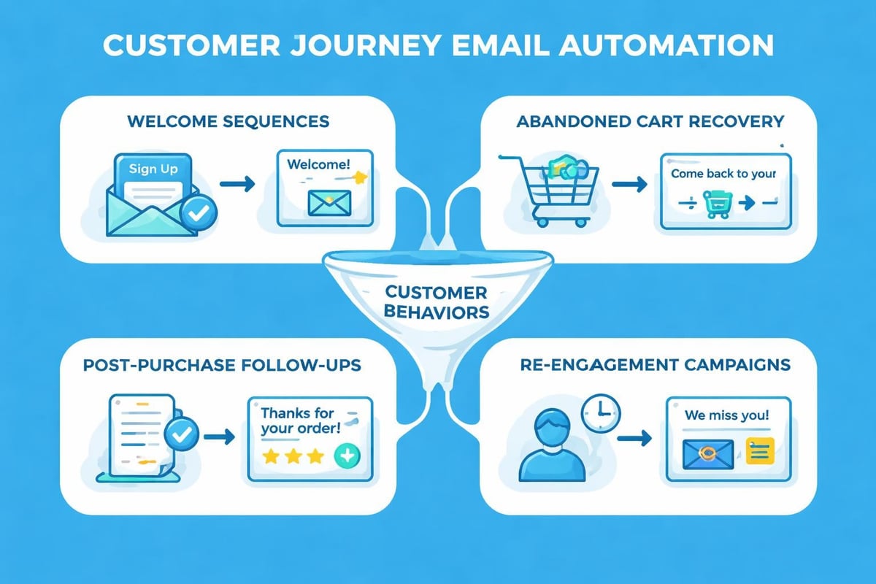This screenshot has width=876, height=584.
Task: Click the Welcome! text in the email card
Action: pos(318,164)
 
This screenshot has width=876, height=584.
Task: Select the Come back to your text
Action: pos(723,174)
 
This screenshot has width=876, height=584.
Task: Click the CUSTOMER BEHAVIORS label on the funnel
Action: pos(436,302)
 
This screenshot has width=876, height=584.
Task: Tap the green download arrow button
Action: pos(345,457)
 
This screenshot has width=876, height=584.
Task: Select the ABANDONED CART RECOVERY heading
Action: pos(650,121)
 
